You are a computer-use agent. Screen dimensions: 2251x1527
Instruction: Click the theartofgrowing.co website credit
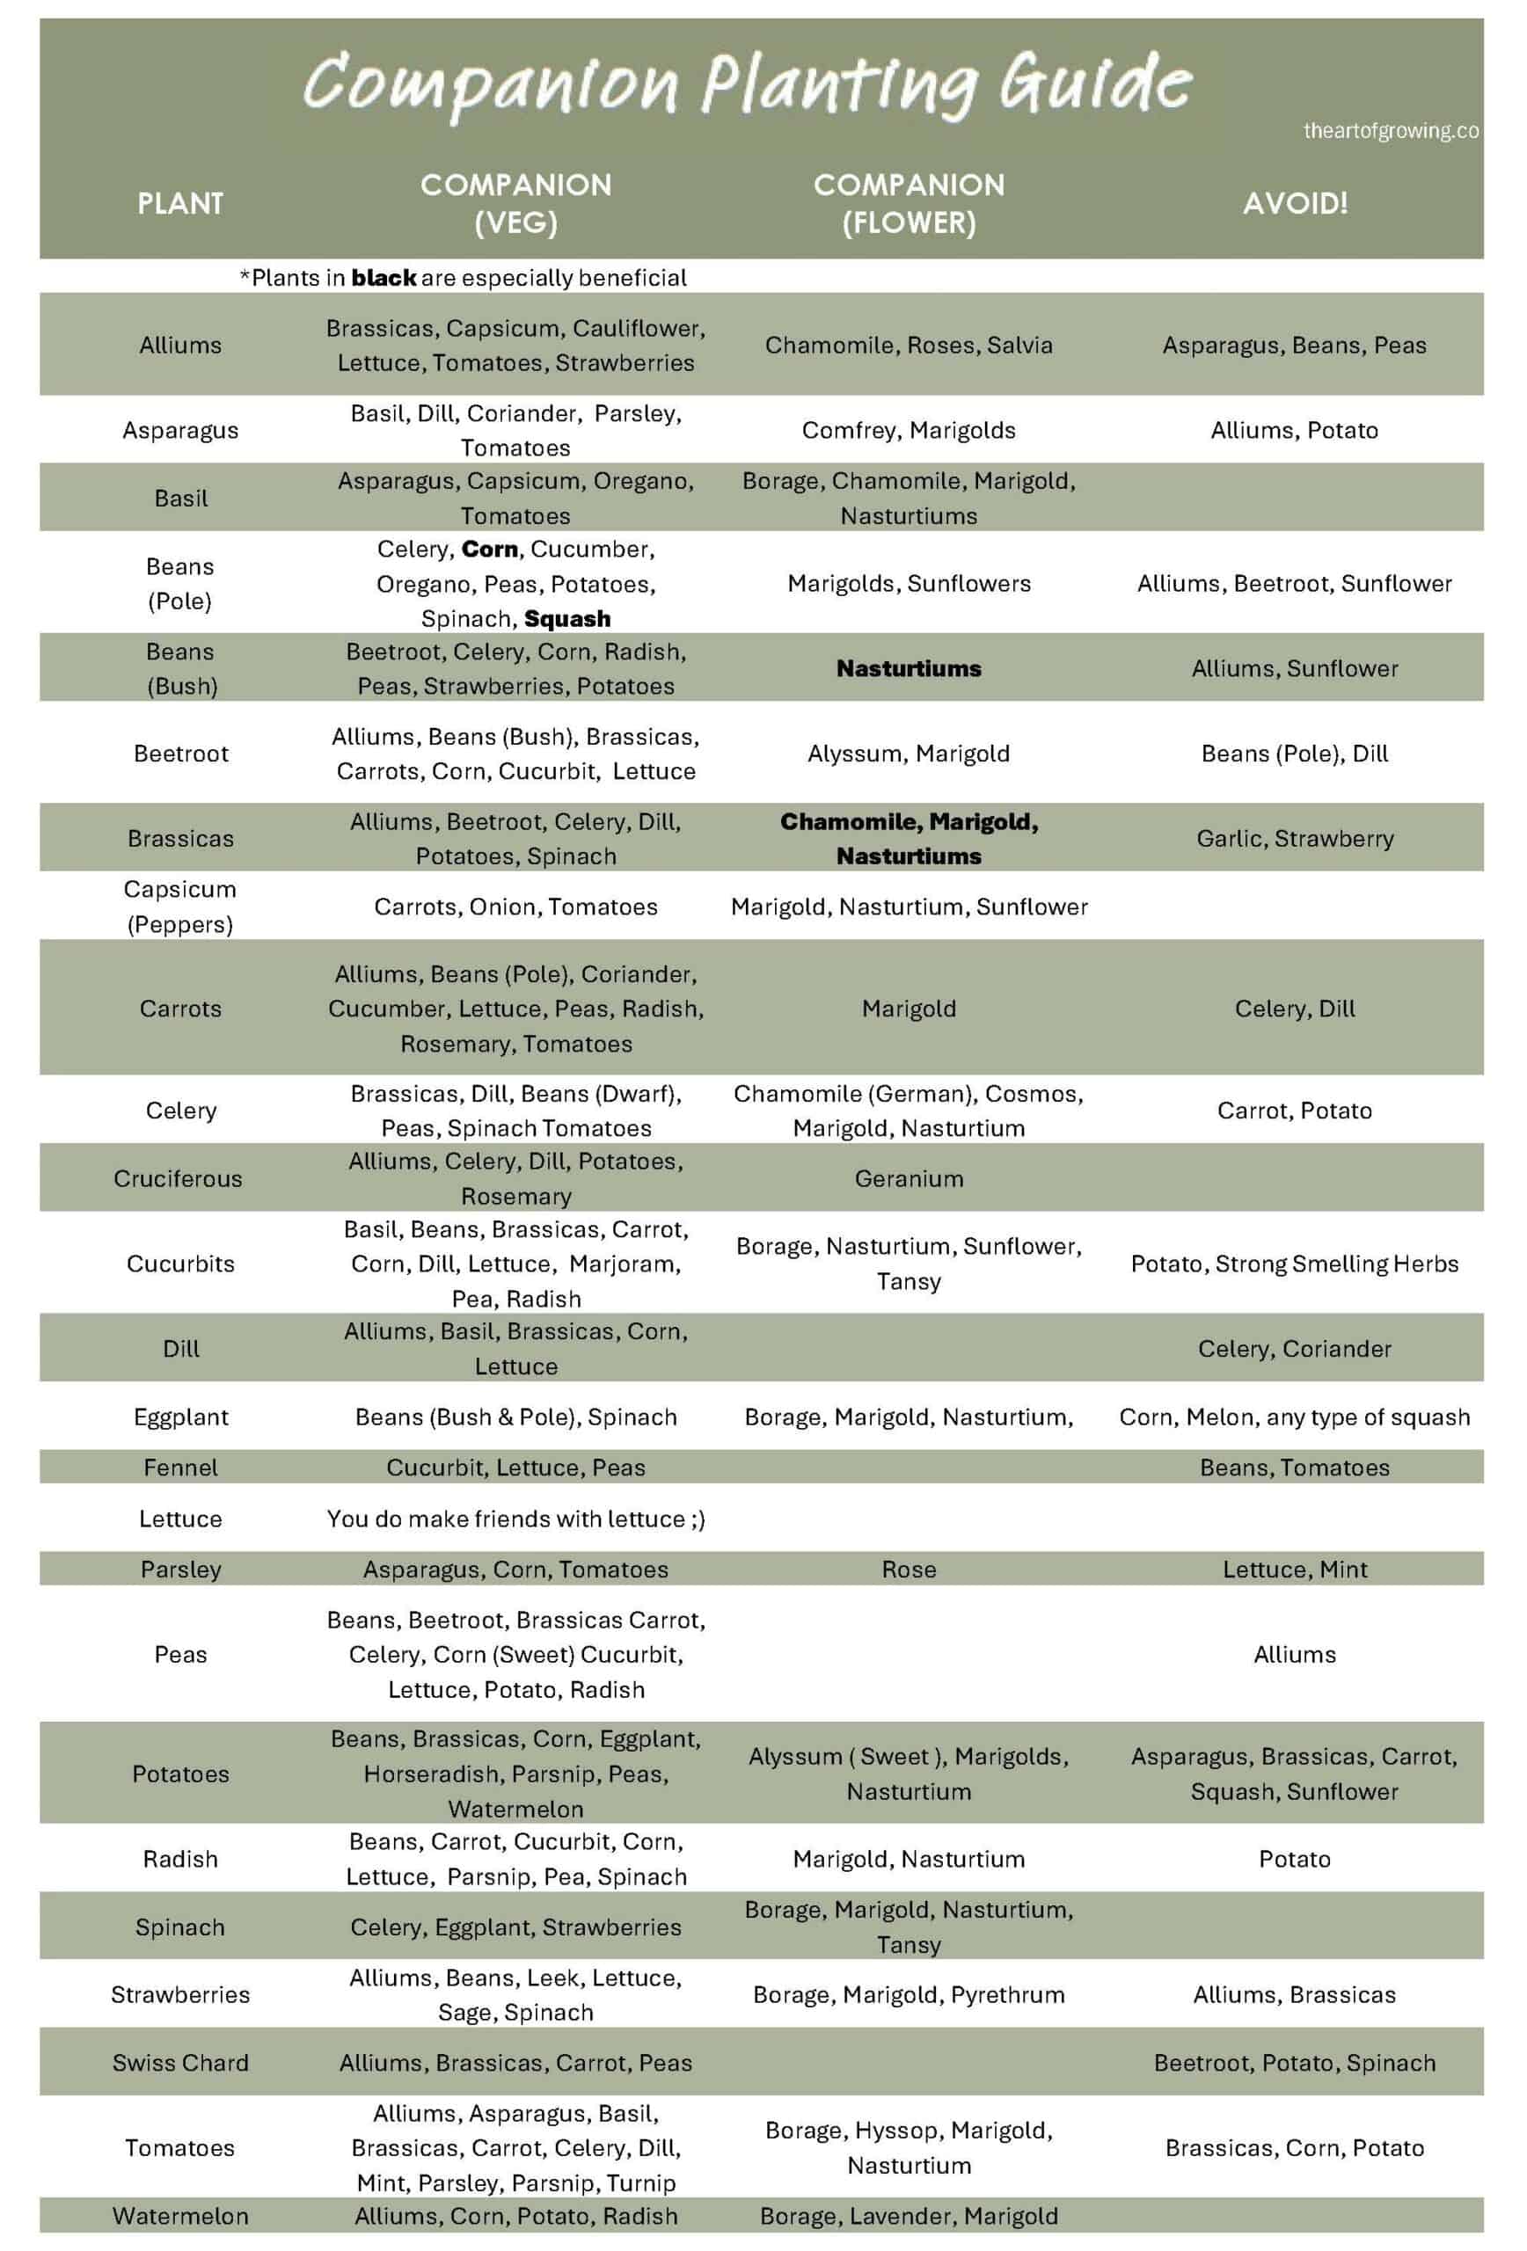coord(1390,131)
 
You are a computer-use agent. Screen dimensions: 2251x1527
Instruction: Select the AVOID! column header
coord(1295,203)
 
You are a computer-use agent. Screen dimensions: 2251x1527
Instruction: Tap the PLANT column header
coord(180,203)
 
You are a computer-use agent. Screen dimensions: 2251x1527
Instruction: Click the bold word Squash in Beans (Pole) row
coord(566,618)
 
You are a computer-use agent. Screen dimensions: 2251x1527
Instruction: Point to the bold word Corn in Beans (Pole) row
coord(489,550)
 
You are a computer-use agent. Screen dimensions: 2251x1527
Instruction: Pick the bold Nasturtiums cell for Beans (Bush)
coord(908,668)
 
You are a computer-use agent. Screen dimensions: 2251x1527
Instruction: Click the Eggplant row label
coord(181,1417)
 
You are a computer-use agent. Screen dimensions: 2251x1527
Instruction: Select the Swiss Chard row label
coord(180,2063)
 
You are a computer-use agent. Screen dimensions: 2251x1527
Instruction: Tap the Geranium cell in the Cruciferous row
coord(908,1179)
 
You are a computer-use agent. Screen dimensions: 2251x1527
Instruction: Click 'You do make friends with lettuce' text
coord(515,1519)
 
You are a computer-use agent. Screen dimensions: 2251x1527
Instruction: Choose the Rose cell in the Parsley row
coord(908,1570)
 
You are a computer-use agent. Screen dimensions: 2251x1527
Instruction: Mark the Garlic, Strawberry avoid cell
coord(1295,839)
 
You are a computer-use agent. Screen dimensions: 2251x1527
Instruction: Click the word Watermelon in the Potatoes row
coord(515,1810)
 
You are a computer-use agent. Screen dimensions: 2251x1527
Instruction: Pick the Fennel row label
coord(181,1468)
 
